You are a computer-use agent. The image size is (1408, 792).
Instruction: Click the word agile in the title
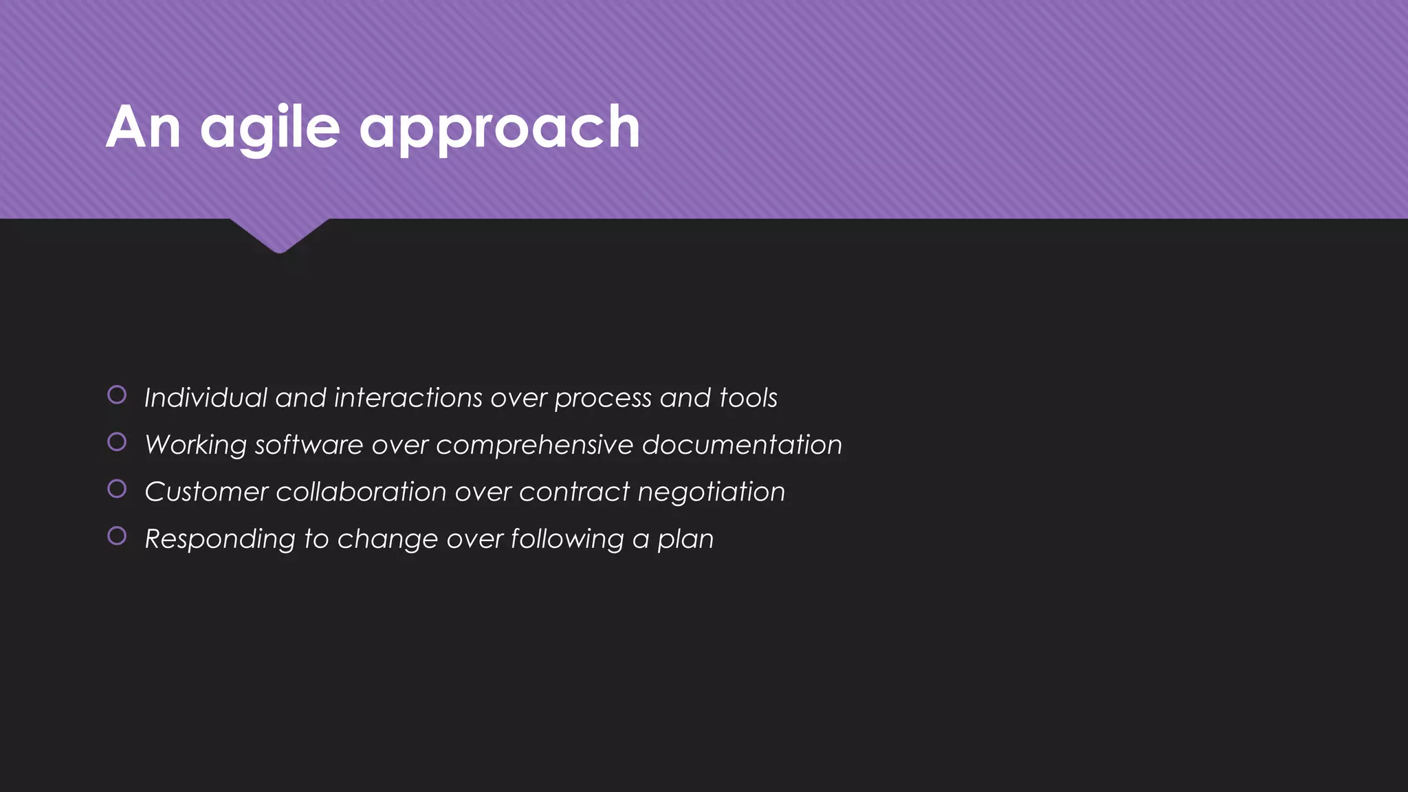(x=270, y=128)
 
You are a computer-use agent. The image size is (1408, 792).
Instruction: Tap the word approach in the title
(x=500, y=128)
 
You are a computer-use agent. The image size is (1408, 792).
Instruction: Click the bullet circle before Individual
(x=117, y=395)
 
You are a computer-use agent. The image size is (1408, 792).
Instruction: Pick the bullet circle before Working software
(x=117, y=441)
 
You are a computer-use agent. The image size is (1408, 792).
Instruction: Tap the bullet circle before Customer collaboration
(x=117, y=489)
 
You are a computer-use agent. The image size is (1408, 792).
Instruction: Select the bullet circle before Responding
(x=117, y=536)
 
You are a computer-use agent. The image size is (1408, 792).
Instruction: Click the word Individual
(x=206, y=397)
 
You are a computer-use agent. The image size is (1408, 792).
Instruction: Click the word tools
(x=748, y=397)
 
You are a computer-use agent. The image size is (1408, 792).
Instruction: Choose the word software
(x=309, y=445)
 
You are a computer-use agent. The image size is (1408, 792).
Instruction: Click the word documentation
(x=742, y=445)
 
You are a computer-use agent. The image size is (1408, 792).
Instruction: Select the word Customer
(x=206, y=492)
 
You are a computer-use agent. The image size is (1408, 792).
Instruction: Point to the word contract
(x=574, y=492)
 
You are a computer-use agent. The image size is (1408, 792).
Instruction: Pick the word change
(x=387, y=540)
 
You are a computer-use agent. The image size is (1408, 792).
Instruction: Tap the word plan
(x=685, y=540)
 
